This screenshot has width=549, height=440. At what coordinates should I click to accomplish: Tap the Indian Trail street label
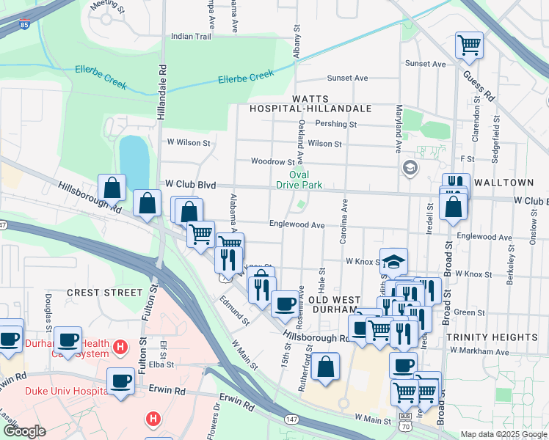(191, 36)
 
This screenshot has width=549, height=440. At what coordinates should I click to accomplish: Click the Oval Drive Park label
(299, 180)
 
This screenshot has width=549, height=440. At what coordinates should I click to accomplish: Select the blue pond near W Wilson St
(134, 155)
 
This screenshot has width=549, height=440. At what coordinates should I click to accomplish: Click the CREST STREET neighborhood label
(103, 292)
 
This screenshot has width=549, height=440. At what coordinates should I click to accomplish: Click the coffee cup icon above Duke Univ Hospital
(120, 381)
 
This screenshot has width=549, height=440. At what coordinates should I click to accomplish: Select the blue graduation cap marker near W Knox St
(393, 261)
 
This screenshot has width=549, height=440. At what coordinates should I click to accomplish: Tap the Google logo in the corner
(24, 430)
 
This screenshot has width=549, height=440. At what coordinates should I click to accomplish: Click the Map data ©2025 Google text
(503, 434)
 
